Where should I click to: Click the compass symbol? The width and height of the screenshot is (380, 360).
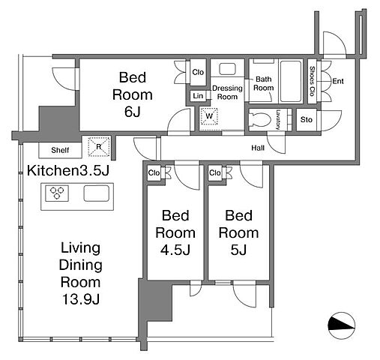(x=341, y=325)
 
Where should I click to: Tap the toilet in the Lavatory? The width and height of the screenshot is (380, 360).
(x=260, y=119)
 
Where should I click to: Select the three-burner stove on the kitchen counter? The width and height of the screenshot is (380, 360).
(x=57, y=193)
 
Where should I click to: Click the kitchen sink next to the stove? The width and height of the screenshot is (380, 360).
(x=97, y=193)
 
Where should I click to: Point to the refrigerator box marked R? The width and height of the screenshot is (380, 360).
(x=99, y=146)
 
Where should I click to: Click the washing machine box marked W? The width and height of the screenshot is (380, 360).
(x=209, y=116)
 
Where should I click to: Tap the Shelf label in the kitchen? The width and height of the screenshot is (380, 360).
(x=60, y=150)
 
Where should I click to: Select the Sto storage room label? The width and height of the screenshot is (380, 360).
(x=307, y=120)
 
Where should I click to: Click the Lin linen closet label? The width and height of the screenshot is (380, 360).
(x=198, y=96)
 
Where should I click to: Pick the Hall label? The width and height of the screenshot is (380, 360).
(x=258, y=148)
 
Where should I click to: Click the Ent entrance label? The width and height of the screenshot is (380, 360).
(x=338, y=81)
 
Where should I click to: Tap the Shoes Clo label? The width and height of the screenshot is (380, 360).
(x=312, y=81)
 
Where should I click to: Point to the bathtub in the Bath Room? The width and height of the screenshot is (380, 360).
(x=291, y=81)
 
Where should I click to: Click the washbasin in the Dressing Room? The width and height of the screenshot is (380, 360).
(x=227, y=69)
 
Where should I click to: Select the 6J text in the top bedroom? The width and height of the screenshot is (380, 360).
(x=133, y=112)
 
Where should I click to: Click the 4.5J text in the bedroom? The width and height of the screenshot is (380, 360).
(x=175, y=250)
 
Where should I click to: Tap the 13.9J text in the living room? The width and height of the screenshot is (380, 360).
(x=81, y=299)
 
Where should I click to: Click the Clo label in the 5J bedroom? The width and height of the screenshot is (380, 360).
(x=215, y=172)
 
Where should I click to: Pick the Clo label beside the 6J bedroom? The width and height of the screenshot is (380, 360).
(x=198, y=72)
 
